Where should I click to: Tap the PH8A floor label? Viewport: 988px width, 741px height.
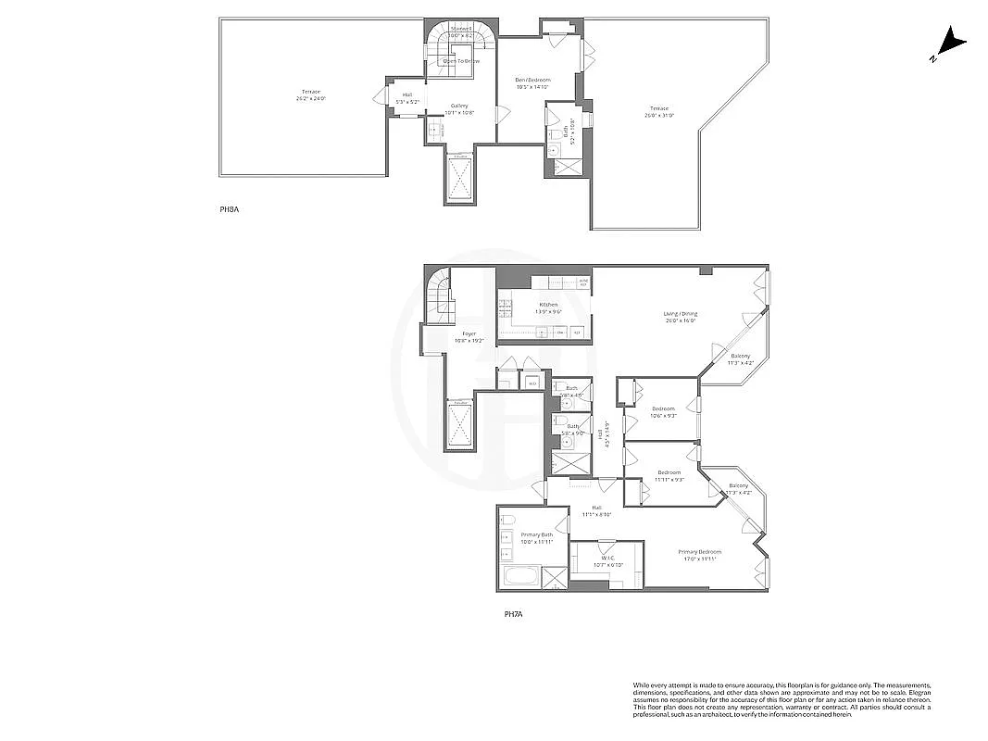(x=229, y=210)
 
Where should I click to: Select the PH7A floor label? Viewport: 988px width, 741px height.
(x=514, y=613)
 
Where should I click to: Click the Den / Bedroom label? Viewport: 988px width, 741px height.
(x=533, y=83)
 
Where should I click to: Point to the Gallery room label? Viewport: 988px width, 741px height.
(x=459, y=109)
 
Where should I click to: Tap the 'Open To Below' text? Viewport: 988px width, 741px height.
(x=460, y=61)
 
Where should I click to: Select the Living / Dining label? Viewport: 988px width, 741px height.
(x=681, y=317)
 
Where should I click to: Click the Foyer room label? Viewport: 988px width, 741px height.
(x=469, y=337)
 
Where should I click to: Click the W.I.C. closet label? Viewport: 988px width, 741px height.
(x=607, y=561)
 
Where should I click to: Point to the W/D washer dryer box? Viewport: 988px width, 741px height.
(x=532, y=382)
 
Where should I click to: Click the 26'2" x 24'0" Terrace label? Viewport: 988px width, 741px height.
(x=311, y=94)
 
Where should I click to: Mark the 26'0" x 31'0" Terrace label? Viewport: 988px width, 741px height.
(x=659, y=113)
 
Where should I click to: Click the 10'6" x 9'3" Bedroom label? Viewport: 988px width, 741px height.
(x=664, y=412)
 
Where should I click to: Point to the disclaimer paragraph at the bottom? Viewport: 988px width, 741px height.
(x=782, y=699)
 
